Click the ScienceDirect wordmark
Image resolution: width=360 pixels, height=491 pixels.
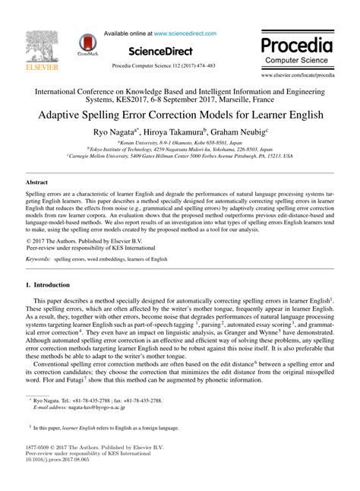166,51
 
